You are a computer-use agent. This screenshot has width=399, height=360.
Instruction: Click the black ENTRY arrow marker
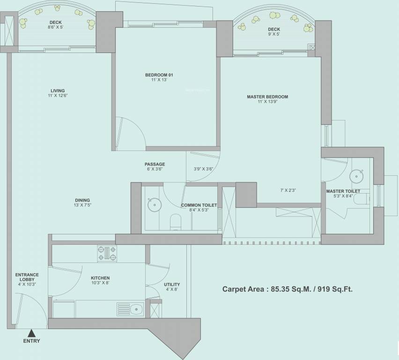tap(31, 333)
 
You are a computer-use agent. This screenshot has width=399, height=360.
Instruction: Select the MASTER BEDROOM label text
tap(267, 97)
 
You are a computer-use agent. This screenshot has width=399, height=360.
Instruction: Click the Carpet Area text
tap(287, 289)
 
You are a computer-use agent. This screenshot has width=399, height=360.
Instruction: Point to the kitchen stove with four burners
tap(107, 254)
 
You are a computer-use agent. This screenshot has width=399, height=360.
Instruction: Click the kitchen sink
tap(136, 308)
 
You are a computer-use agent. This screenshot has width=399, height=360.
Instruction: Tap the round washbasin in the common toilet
tap(152, 204)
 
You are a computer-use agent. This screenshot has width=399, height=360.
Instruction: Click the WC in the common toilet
tap(176, 220)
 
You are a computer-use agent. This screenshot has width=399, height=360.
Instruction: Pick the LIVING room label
tap(58, 91)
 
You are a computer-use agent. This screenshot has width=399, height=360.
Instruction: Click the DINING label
tap(82, 200)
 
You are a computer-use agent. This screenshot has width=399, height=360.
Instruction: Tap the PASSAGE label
tap(155, 164)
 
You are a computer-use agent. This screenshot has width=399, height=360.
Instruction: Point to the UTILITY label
tap(171, 285)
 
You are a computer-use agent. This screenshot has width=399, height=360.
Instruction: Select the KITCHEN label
tap(100, 278)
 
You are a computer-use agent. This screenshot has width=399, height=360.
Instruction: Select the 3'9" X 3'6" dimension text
tap(203, 169)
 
